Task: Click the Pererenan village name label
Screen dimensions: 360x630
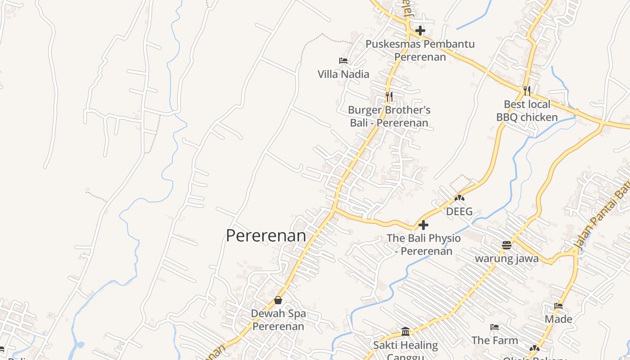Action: click(x=265, y=236)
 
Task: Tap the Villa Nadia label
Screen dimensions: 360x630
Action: click(x=343, y=74)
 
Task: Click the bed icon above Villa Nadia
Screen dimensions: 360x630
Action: click(x=343, y=61)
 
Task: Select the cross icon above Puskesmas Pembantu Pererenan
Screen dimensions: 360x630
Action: click(x=420, y=31)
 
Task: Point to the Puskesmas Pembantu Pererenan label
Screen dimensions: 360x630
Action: click(x=420, y=50)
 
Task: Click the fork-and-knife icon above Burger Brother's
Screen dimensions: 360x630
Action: click(x=389, y=96)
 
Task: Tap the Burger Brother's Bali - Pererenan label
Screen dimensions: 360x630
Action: click(x=389, y=117)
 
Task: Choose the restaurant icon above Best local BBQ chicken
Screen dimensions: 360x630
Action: click(x=527, y=91)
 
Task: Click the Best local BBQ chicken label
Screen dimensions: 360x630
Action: click(x=527, y=111)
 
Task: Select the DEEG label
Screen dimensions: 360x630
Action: click(x=459, y=211)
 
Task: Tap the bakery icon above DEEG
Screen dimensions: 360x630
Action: click(x=459, y=198)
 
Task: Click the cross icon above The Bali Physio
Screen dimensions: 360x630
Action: click(x=423, y=225)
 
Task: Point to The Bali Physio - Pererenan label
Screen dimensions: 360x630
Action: click(x=423, y=244)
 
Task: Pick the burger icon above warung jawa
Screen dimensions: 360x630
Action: click(x=507, y=245)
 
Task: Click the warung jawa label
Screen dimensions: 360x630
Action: click(x=507, y=259)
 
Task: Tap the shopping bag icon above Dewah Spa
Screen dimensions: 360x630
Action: click(x=278, y=300)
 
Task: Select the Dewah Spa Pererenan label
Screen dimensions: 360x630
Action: click(x=278, y=319)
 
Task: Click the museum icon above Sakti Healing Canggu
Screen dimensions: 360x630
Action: click(x=405, y=332)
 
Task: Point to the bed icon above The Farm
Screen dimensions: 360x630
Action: click(x=495, y=327)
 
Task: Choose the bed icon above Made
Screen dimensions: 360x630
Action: click(x=558, y=306)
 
